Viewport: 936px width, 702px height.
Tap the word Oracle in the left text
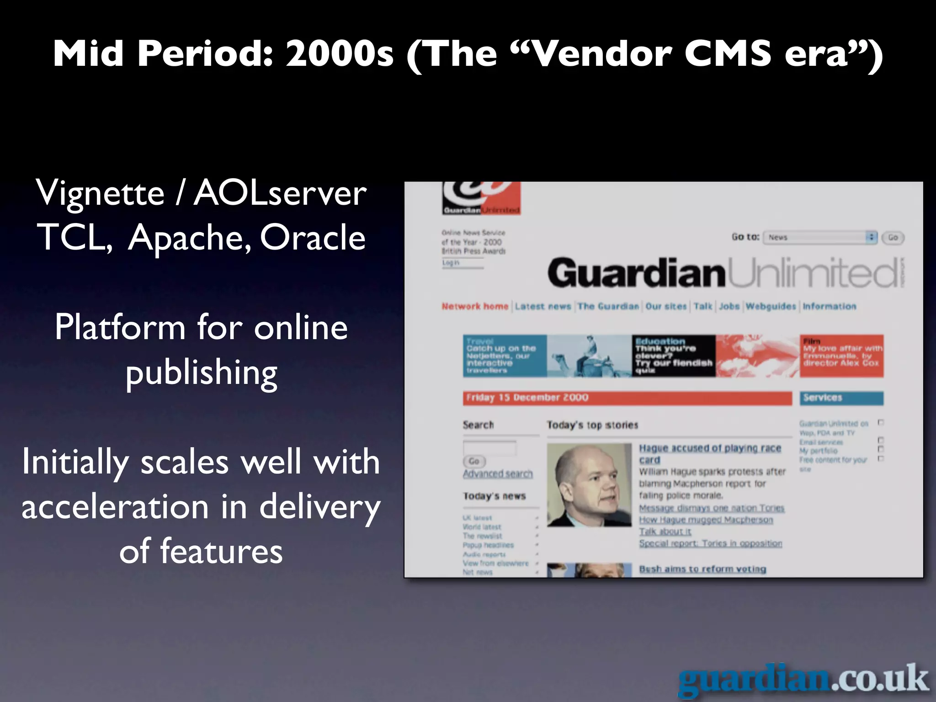click(x=313, y=238)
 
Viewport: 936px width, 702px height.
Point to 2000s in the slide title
click(x=339, y=53)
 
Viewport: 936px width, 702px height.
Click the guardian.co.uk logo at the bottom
click(x=803, y=680)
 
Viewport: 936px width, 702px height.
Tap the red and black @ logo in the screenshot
click(x=481, y=197)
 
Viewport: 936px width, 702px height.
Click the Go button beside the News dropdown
click(x=893, y=238)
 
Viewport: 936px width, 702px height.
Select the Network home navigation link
click(x=475, y=307)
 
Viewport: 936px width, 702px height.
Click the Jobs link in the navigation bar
click(x=729, y=307)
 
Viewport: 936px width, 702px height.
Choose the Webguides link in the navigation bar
click(x=771, y=307)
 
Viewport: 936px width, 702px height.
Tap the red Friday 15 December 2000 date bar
click(x=627, y=398)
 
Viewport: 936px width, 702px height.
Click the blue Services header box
click(x=841, y=398)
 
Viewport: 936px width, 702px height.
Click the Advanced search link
click(x=498, y=474)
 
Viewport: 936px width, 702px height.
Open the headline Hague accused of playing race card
click(x=709, y=449)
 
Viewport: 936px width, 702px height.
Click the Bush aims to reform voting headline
click(x=702, y=569)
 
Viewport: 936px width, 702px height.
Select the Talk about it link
click(x=665, y=532)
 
